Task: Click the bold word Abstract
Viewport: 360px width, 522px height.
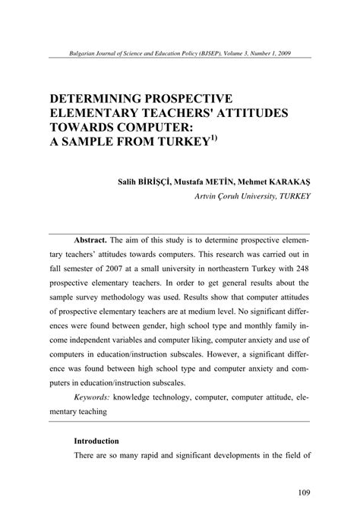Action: pyautogui.click(x=91, y=239)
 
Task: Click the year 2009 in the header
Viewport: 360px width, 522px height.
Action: pyautogui.click(x=279, y=53)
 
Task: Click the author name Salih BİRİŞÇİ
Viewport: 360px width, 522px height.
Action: pyautogui.click(x=141, y=182)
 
